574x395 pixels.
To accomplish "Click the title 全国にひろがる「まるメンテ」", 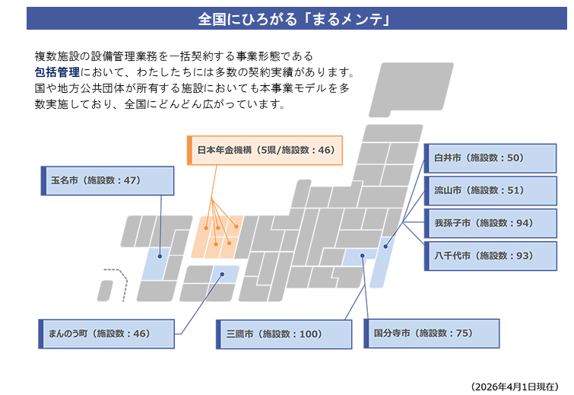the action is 294,19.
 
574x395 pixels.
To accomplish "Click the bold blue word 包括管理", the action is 57,72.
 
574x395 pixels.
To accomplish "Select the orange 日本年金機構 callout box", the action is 265,150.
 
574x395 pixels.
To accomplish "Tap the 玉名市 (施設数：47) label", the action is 107,180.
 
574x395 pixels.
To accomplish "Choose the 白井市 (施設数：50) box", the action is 490,158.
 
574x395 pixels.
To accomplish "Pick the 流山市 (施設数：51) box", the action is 490,190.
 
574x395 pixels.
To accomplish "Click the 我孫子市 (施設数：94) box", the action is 490,223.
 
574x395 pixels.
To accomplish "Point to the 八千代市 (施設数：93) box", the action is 490,256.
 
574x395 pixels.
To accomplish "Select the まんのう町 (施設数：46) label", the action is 106,334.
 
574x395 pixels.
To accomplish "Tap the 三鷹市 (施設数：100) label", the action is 284,334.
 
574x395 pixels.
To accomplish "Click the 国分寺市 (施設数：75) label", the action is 432,333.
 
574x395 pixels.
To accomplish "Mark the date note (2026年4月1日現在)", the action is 515,387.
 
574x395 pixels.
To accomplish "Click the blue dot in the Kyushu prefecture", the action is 160,256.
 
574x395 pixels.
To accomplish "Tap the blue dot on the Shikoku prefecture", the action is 222,274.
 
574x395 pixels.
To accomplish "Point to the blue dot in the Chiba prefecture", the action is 385,247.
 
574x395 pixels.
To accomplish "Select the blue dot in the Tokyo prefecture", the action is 363,256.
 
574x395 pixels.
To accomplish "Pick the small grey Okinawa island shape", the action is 106,291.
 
